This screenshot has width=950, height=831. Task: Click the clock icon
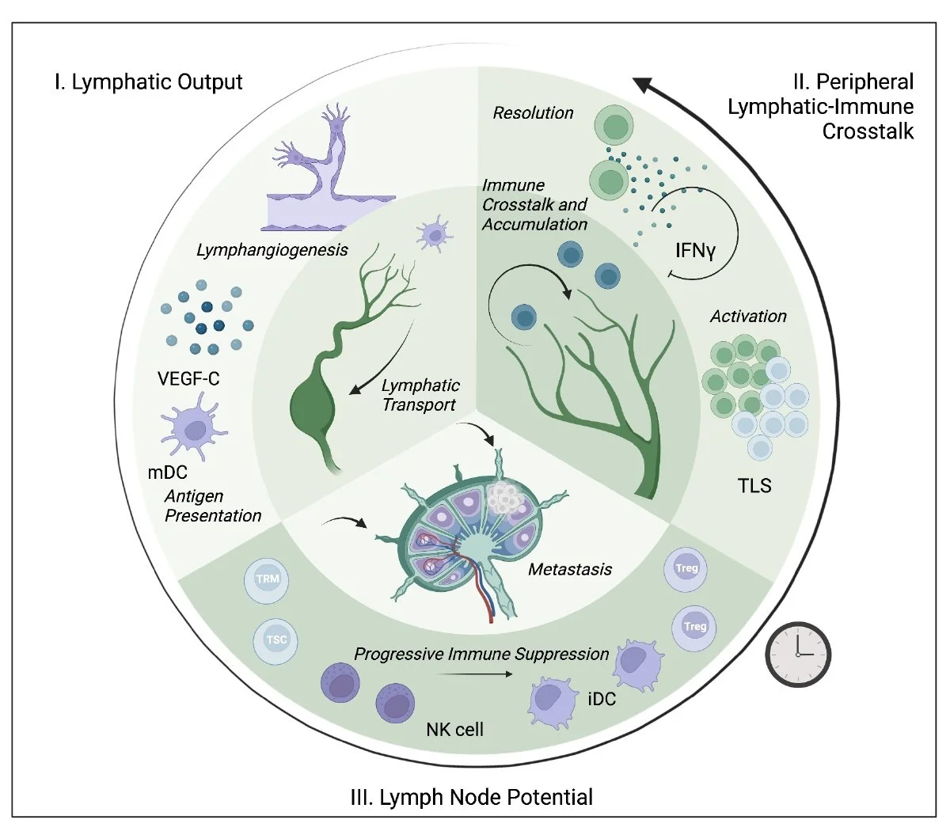pos(798,653)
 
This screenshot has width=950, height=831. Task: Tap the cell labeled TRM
pos(268,579)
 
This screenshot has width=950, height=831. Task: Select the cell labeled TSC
pos(276,639)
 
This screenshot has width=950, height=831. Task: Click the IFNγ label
pos(695,252)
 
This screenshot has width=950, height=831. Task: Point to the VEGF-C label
pos(188,379)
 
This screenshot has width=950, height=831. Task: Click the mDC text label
pos(167,472)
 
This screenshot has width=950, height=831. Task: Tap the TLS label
pos(754,485)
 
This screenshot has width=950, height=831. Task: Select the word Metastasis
pos(570,569)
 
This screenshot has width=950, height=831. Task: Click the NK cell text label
pos(454,729)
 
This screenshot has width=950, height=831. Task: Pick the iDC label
pos(602,699)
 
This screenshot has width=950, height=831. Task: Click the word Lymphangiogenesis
pos(272,250)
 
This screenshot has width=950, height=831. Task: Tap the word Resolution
pos(533,113)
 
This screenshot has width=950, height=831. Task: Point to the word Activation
pos(748,317)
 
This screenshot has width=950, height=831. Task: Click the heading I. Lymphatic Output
pos(148,82)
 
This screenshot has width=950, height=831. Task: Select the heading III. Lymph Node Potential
pos(471,796)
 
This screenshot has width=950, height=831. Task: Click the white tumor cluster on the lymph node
pos(503,497)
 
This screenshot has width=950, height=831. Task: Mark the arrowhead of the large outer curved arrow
pos(642,83)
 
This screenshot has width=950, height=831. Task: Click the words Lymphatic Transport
pos(420,395)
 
